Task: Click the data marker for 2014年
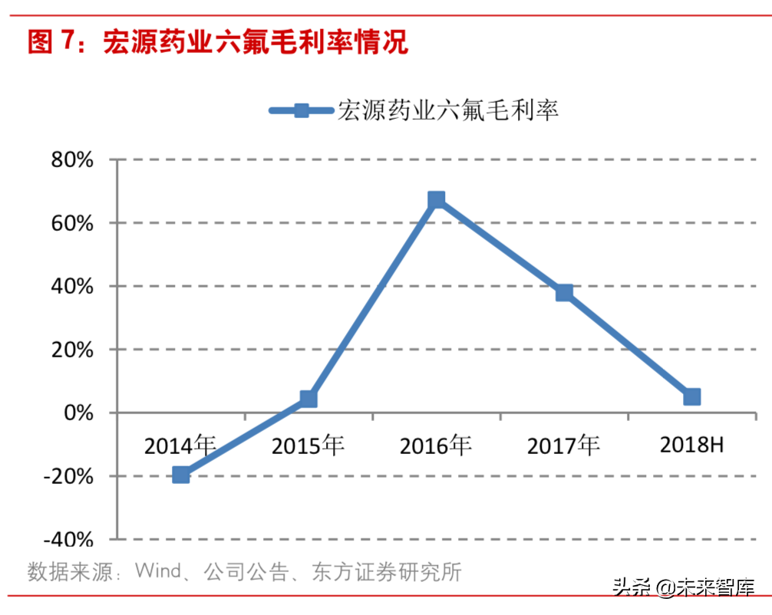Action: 181,475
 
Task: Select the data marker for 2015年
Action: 308,399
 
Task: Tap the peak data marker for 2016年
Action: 436,200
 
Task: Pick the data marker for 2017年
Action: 564,293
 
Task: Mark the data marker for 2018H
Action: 691,396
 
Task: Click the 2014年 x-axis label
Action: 181,445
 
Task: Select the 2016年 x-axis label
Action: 436,445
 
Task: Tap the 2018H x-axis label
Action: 691,445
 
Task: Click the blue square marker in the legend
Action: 301,110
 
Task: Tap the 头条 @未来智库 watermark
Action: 683,587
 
